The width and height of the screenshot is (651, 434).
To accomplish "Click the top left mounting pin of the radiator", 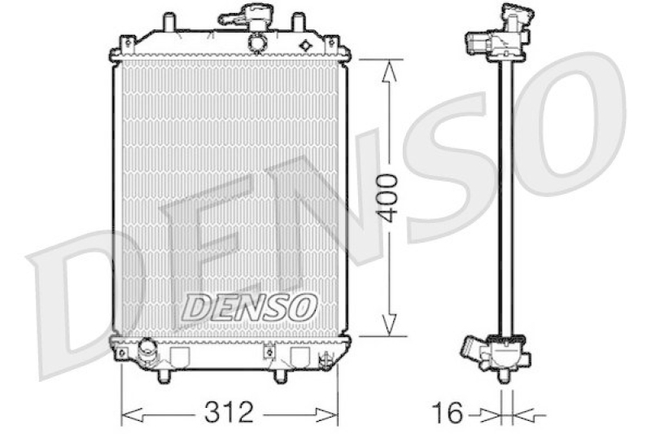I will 168,20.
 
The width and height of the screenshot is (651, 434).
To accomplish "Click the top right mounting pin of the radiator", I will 299,20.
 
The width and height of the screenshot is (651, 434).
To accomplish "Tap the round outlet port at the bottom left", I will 149,350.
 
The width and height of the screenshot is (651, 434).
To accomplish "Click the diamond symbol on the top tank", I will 306,44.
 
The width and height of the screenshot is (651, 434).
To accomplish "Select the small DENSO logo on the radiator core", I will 248,306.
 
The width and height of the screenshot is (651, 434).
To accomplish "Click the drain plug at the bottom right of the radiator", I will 325,358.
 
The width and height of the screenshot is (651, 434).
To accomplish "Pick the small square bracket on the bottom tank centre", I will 268,353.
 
